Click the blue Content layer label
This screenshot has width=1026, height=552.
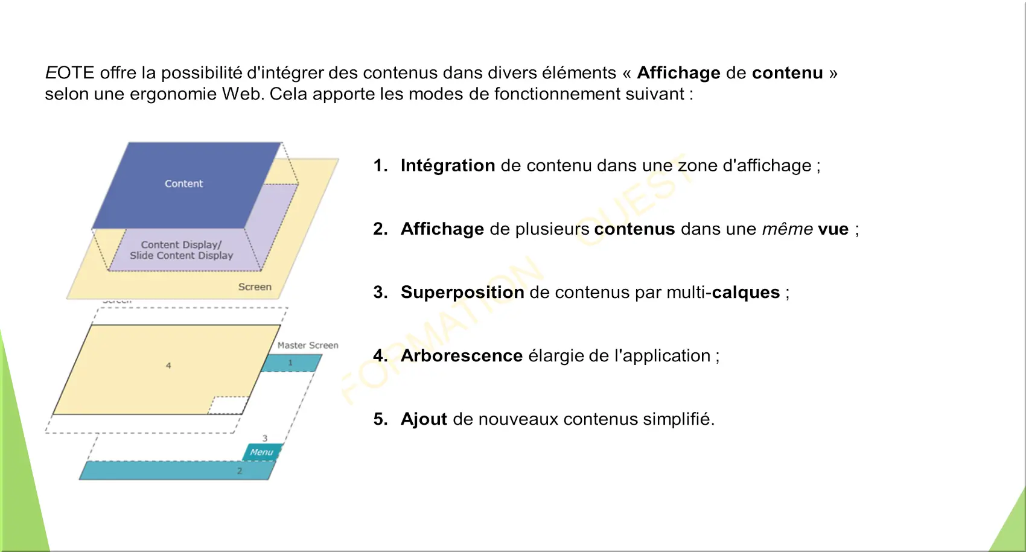183,183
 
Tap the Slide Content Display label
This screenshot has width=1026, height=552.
182,255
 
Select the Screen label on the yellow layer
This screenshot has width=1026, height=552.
255,287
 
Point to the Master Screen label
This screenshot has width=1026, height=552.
308,345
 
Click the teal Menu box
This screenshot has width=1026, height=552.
261,452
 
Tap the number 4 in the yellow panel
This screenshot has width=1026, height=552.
168,366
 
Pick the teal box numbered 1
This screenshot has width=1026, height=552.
291,363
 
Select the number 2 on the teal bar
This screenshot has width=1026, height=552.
240,471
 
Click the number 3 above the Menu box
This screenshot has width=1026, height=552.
265,438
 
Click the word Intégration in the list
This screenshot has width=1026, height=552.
447,165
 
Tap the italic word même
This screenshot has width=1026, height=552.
788,229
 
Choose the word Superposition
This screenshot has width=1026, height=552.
462,292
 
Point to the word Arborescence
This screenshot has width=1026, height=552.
461,356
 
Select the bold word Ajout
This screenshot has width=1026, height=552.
424,419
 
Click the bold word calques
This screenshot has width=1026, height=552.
746,292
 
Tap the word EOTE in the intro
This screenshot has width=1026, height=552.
69,73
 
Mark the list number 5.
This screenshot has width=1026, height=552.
380,419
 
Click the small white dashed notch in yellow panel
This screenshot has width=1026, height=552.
229,405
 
